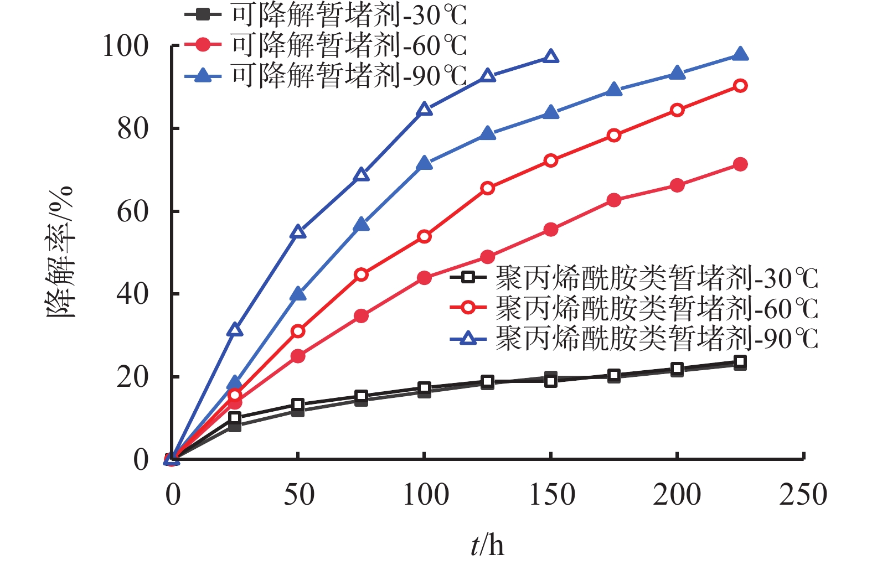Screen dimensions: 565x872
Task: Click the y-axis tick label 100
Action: pyautogui.click(x=126, y=46)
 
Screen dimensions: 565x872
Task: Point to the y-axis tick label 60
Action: pyautogui.click(x=133, y=211)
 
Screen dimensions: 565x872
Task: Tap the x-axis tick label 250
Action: pyautogui.click(x=803, y=495)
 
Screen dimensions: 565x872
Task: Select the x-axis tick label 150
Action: pyautogui.click(x=551, y=495)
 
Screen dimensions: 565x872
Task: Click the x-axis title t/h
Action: pyautogui.click(x=487, y=546)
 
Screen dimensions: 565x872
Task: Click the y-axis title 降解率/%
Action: pyautogui.click(x=59, y=252)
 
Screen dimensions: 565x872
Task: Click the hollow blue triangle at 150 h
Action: pyautogui.click(x=550, y=56)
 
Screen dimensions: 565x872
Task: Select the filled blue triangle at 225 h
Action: pyautogui.click(x=740, y=54)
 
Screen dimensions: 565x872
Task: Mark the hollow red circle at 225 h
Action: pyautogui.click(x=740, y=86)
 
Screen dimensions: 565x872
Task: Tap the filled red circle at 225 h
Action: pyautogui.click(x=740, y=164)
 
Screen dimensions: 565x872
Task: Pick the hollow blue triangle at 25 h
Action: pyautogui.click(x=235, y=330)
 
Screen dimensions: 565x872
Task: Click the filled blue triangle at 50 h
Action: pyautogui.click(x=298, y=294)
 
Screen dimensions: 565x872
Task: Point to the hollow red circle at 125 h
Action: pyautogui.click(x=487, y=188)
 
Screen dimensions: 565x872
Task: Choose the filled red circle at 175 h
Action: pyautogui.click(x=613, y=200)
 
